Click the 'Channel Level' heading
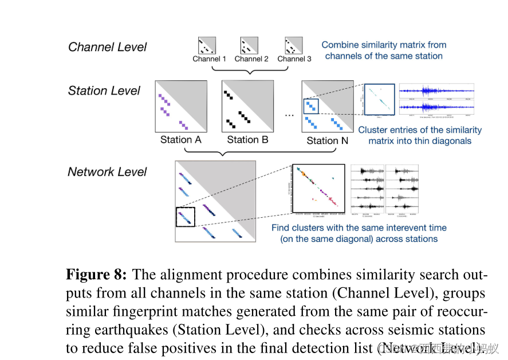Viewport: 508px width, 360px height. click(108, 47)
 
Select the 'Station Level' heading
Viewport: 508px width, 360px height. click(104, 91)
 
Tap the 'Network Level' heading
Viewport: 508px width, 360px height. click(107, 172)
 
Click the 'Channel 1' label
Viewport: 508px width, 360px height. click(209, 59)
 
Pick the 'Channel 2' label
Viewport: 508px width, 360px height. click(251, 59)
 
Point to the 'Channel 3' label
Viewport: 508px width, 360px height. click(294, 59)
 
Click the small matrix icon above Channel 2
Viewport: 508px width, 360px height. click(250, 45)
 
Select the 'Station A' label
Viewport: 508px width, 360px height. click(180, 140)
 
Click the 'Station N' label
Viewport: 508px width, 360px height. click(326, 140)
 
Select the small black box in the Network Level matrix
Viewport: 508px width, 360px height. click(185, 217)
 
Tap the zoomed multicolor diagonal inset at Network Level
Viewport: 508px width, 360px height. click(318, 188)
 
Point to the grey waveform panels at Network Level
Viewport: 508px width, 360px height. click(385, 189)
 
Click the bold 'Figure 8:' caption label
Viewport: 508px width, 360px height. click(96, 275)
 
